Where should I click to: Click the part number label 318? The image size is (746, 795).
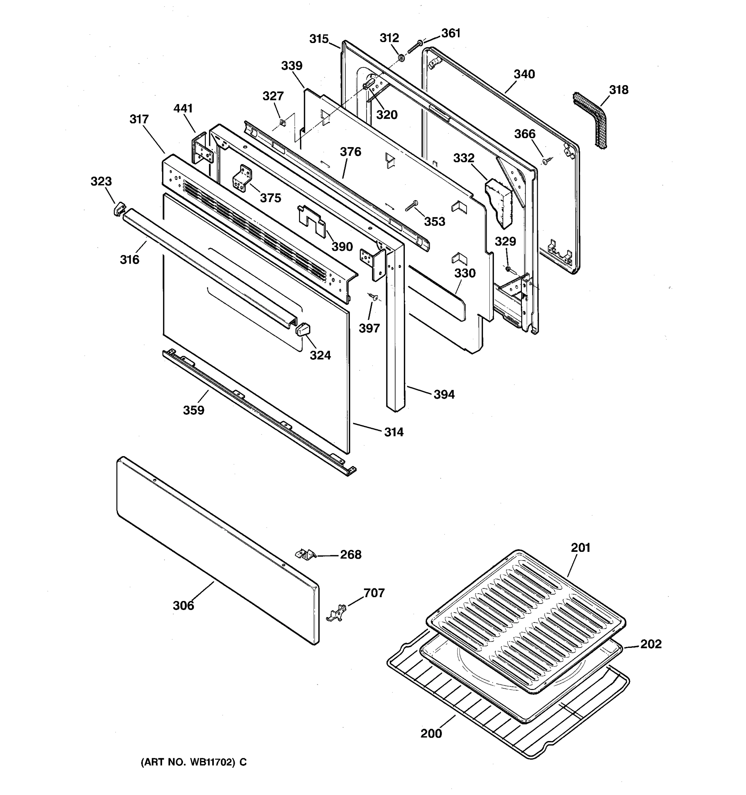coord(618,90)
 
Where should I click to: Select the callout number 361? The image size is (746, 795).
coord(451,33)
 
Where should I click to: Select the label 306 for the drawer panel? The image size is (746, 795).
coord(183,606)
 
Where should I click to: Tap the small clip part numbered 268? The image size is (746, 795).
coord(305,554)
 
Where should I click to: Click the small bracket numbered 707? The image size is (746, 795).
coord(337,612)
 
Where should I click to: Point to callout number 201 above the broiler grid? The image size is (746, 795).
coord(580,548)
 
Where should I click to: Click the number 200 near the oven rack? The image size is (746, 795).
coord(431,733)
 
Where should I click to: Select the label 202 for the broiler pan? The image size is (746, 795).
coord(651,644)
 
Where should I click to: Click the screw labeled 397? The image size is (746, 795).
coord(375,297)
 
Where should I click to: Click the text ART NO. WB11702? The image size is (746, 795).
coord(194,762)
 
